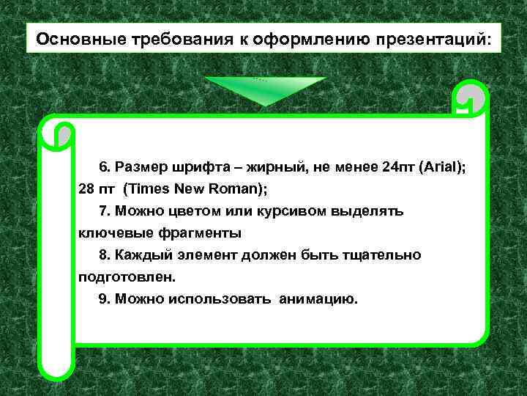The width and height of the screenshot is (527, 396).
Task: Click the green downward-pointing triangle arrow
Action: [264, 91]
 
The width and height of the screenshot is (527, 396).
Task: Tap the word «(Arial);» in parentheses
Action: [443, 167]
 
